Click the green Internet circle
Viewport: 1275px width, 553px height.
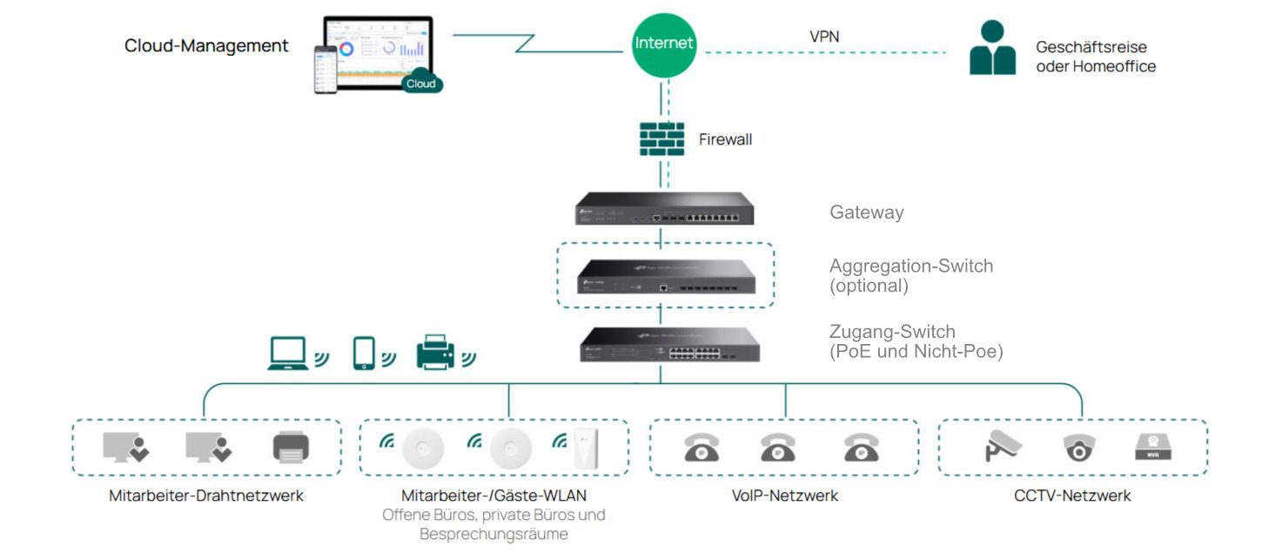(664, 44)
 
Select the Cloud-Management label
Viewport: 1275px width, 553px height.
(206, 46)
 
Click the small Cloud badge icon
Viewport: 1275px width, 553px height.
(422, 81)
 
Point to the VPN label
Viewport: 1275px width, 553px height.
(824, 37)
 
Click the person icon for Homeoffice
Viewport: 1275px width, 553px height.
(992, 49)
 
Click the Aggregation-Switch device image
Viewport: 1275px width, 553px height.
(665, 275)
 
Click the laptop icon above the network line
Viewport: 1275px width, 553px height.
(289, 353)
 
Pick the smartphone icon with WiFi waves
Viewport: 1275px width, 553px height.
(365, 353)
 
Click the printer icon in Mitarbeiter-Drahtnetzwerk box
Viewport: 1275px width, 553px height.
(291, 448)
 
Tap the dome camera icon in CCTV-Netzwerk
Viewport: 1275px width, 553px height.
(1078, 448)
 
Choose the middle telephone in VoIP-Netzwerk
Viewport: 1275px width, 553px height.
(777, 448)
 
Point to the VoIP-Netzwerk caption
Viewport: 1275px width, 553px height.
(784, 496)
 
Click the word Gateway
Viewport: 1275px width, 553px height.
(866, 212)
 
